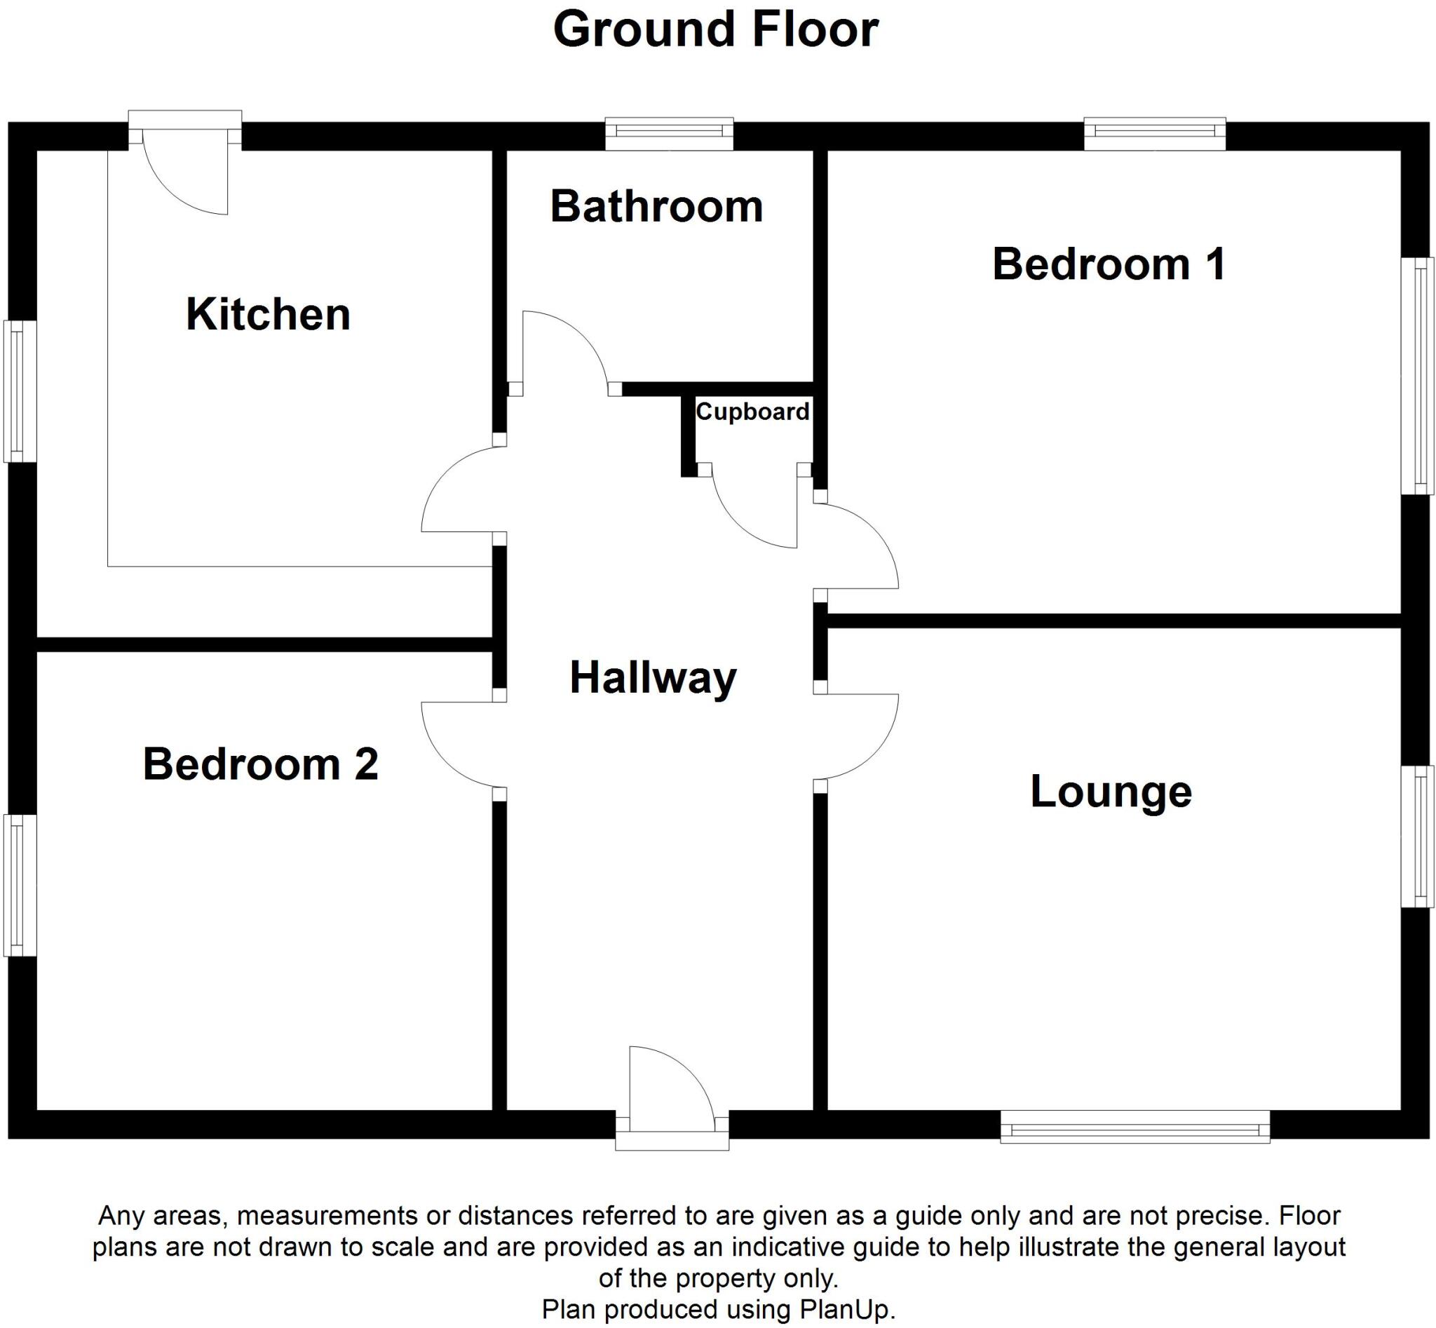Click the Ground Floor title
click(716, 30)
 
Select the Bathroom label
click(656, 206)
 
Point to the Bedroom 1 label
click(1109, 264)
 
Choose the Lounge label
click(1111, 791)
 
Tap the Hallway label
click(653, 677)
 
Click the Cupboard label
click(752, 412)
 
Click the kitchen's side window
click(20, 391)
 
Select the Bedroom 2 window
click(20, 885)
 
